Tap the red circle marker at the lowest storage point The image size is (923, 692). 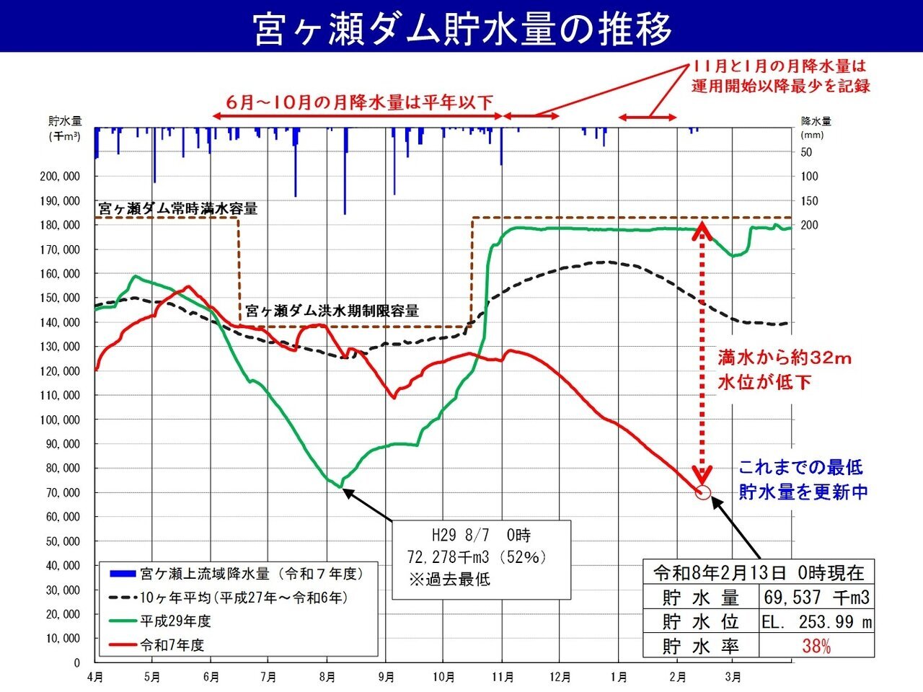704,493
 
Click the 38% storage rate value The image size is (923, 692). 816,646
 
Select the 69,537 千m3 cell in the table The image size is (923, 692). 816,598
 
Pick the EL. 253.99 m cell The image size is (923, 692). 816,621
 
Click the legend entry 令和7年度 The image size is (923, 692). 172,644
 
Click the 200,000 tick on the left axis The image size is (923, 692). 61,177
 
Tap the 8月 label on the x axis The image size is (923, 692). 327,678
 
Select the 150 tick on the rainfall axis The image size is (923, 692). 811,201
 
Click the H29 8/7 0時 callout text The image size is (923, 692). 480,536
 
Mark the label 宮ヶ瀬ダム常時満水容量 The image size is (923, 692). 177,209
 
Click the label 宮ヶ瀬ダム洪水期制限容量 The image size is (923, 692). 332,311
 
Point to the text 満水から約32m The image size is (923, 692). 785,358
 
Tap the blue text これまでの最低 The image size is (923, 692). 800,467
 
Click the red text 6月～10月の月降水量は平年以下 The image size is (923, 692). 359,102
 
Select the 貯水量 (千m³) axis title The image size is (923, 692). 65,128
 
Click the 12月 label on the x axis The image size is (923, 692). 560,678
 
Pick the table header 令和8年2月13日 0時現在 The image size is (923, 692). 759,573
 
